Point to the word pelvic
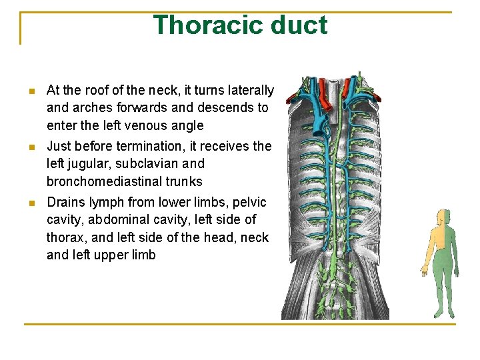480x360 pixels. click(x=249, y=202)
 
